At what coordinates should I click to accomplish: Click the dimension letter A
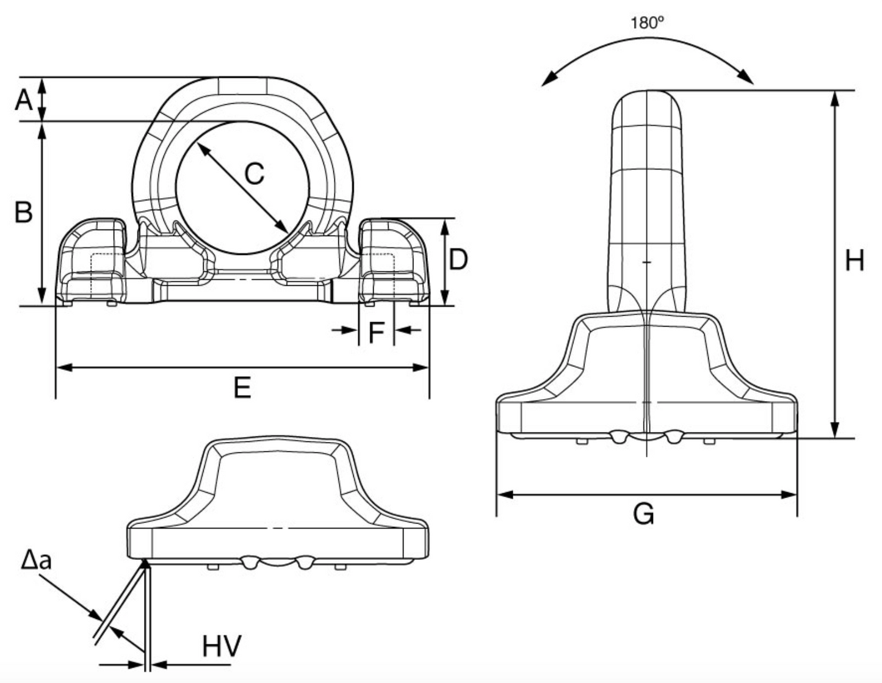pyautogui.click(x=24, y=99)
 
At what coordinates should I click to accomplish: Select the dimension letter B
pyautogui.click(x=23, y=212)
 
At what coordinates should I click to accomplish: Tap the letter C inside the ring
pyautogui.click(x=254, y=174)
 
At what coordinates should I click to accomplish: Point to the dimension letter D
pyautogui.click(x=458, y=260)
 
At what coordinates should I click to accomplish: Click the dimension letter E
pyautogui.click(x=242, y=388)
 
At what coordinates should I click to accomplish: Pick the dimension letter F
pyautogui.click(x=376, y=333)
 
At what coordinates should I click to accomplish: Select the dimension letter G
pyautogui.click(x=643, y=515)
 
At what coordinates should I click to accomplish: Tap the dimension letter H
pyautogui.click(x=854, y=261)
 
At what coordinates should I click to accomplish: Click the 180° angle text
pyautogui.click(x=647, y=23)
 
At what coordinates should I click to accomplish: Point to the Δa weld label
pyautogui.click(x=36, y=559)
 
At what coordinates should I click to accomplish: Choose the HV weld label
pyautogui.click(x=222, y=646)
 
